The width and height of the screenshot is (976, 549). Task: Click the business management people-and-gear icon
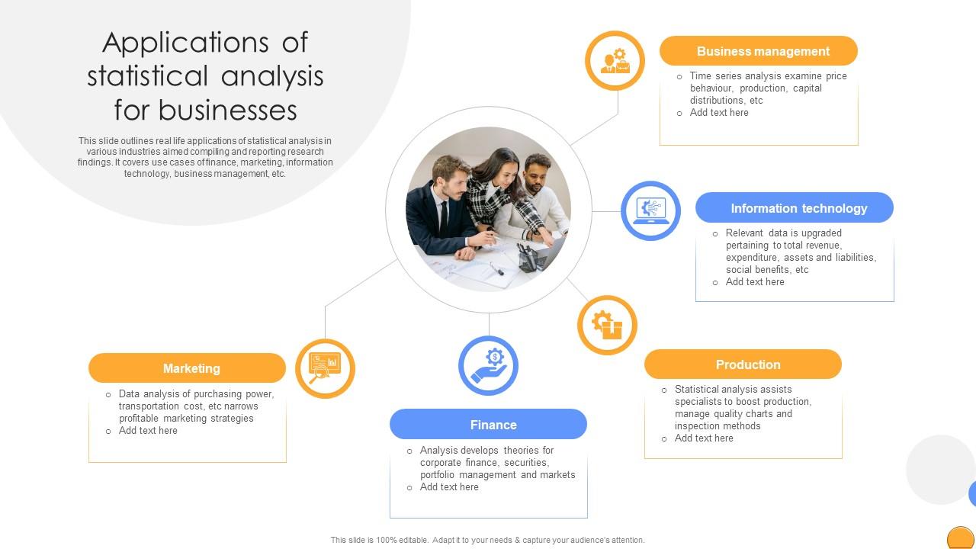615,61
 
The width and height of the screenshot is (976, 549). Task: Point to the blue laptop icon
650,210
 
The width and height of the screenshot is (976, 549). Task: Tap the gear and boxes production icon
607,325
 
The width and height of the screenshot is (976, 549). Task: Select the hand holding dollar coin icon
488,366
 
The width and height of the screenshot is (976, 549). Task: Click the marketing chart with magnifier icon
325,368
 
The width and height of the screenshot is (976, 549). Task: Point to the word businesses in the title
228,110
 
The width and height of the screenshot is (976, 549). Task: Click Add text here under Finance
449,487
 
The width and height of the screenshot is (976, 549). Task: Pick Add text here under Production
704,438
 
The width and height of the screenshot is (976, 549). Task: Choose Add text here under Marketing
148,431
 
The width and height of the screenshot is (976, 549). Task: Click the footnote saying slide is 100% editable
487,540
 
